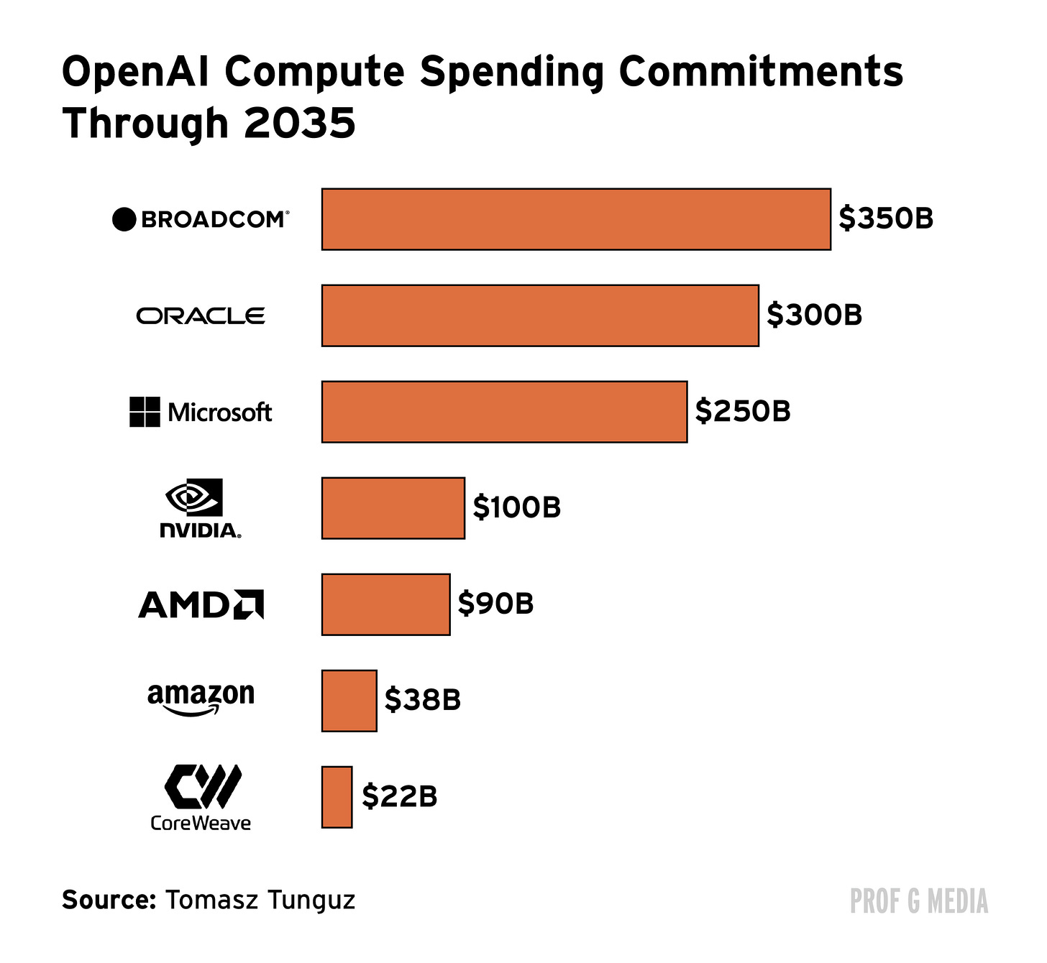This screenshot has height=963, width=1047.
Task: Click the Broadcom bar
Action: point(576,219)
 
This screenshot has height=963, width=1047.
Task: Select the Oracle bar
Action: point(540,315)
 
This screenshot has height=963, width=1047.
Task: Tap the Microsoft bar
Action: point(504,412)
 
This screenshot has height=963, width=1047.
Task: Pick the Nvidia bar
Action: point(393,508)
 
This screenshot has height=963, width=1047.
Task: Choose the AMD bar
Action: point(385,604)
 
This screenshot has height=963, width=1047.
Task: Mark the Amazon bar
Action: point(349,701)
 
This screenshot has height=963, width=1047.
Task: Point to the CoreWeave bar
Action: point(337,797)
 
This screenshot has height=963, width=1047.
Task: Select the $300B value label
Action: point(814,315)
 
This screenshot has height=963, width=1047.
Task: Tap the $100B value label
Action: point(517,507)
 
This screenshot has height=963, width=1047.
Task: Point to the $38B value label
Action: point(423,699)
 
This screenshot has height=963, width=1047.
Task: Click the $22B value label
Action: point(399,796)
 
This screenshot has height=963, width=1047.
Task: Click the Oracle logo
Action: point(201,316)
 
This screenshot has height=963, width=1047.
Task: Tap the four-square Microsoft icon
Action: point(145,412)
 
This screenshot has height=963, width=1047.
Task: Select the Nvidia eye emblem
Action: point(194,497)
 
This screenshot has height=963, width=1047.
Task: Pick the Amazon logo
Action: point(201,699)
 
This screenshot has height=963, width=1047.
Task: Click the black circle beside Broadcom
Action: point(124,219)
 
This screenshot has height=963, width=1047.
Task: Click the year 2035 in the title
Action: point(299,123)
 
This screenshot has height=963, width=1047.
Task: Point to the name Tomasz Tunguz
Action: point(260,899)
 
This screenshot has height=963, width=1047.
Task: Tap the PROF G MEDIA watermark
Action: point(918,901)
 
